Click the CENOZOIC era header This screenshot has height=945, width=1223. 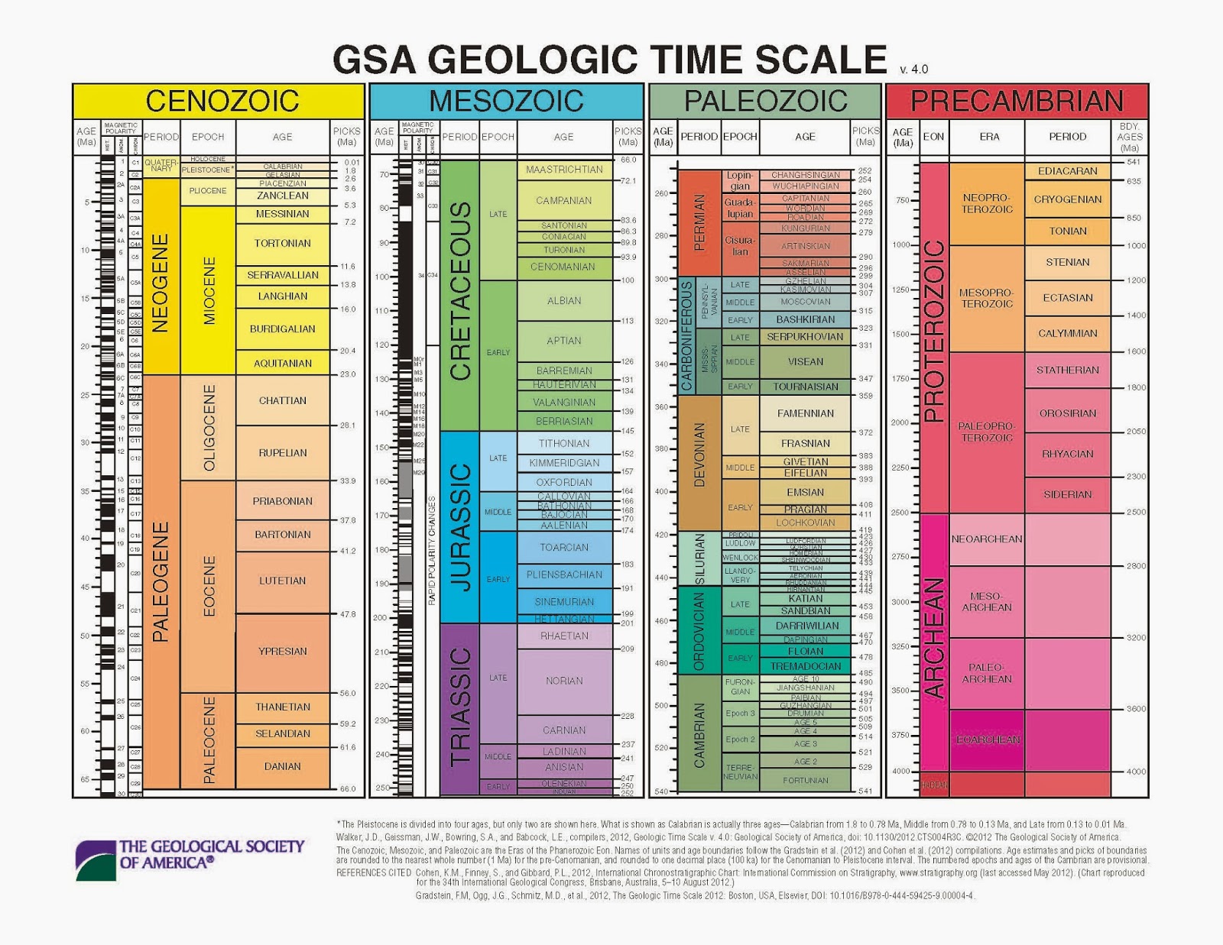click(x=222, y=101)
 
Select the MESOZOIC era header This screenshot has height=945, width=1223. click(x=506, y=101)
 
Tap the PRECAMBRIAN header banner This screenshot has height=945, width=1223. click(x=1017, y=101)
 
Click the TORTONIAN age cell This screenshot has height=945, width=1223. click(x=283, y=243)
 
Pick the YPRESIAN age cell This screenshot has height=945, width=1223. click(x=283, y=652)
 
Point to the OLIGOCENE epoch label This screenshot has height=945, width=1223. click(x=209, y=428)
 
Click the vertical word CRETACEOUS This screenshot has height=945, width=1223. click(x=461, y=291)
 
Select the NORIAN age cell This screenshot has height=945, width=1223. click(x=564, y=681)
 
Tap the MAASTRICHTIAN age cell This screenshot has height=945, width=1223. click(x=564, y=170)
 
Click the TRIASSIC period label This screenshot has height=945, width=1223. click(x=461, y=707)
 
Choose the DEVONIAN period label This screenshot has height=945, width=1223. click(x=699, y=455)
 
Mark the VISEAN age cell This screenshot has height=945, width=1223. click(x=806, y=362)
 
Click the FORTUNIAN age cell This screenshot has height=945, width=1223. click(x=806, y=780)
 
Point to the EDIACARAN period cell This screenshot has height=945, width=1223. click(x=1068, y=171)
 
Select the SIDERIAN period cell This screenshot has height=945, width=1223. click(x=1068, y=494)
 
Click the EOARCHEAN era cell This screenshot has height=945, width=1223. click(x=988, y=739)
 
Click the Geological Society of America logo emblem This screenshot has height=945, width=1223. click(x=96, y=860)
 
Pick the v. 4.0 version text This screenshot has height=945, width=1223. click(x=914, y=70)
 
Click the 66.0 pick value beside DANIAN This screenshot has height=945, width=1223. click(x=348, y=788)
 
